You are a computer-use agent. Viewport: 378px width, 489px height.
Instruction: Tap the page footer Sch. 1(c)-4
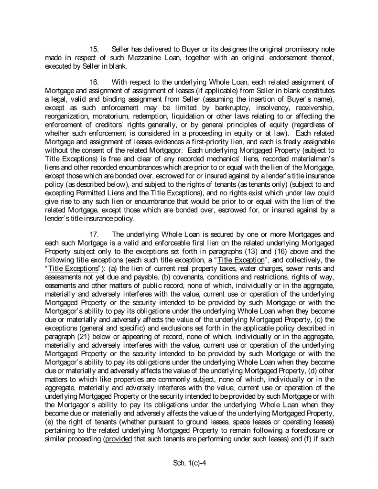pyautogui.click(x=189, y=462)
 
